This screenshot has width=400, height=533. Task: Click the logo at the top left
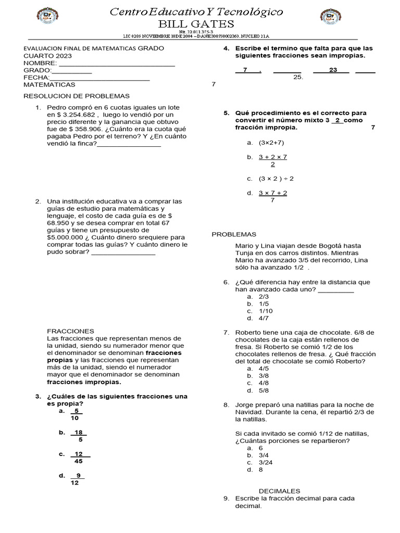click(x=48, y=18)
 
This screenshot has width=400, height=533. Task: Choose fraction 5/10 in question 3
click(x=76, y=414)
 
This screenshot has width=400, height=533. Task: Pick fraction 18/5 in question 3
click(x=79, y=436)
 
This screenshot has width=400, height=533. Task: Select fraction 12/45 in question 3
click(x=79, y=458)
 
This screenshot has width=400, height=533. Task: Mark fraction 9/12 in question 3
click(x=76, y=479)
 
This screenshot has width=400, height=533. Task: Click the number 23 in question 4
click(x=333, y=70)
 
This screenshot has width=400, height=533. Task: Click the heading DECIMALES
click(x=280, y=491)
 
